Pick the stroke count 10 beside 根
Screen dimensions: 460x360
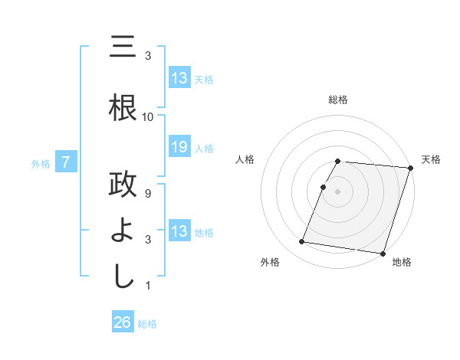[148, 117]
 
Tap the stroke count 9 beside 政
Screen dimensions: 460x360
[148, 195]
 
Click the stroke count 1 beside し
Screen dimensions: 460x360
[148, 286]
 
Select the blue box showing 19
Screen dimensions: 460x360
[179, 147]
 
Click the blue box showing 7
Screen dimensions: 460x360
[67, 162]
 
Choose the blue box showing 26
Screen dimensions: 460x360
[123, 322]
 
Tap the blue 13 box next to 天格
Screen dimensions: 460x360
[179, 78]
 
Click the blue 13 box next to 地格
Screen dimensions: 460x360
[179, 231]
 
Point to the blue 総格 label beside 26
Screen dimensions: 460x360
[147, 324]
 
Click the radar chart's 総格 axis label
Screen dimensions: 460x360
[338, 100]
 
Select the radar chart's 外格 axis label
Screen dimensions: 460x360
[270, 263]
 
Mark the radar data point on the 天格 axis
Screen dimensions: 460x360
[411, 168]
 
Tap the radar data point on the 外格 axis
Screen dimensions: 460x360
[302, 242]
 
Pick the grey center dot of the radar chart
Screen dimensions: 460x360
[338, 191]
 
